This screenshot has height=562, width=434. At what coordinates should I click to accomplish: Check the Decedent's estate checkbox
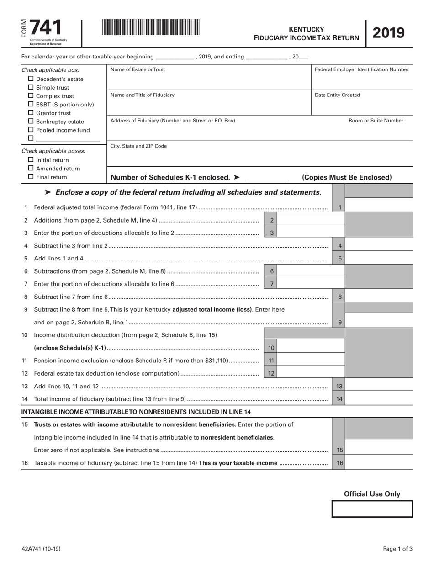click(x=31, y=79)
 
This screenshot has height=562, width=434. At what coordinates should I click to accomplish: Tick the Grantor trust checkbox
click(x=31, y=113)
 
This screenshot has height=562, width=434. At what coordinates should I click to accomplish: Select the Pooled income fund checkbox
click(x=31, y=130)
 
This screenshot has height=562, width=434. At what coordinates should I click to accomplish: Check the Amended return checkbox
click(x=31, y=169)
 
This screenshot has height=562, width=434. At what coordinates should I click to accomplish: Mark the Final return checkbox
click(x=31, y=177)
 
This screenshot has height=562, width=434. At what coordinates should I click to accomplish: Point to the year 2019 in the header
click(x=389, y=33)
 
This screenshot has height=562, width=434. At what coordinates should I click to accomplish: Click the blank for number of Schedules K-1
click(x=266, y=177)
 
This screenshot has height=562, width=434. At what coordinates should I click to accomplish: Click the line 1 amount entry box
click(x=379, y=207)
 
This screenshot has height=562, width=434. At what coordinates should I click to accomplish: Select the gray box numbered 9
click(x=340, y=322)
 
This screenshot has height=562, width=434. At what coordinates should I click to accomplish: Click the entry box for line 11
click(x=311, y=361)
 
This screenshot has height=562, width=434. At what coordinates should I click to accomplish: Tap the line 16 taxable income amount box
click(x=379, y=463)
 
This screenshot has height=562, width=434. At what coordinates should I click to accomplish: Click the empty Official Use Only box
click(x=372, y=509)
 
